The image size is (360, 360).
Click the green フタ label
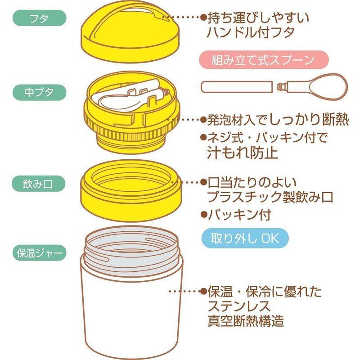40,19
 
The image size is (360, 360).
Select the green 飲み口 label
40,183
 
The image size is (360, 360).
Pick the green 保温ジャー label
40,252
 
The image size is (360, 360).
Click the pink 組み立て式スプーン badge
263,59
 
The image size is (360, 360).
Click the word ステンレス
238,306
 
